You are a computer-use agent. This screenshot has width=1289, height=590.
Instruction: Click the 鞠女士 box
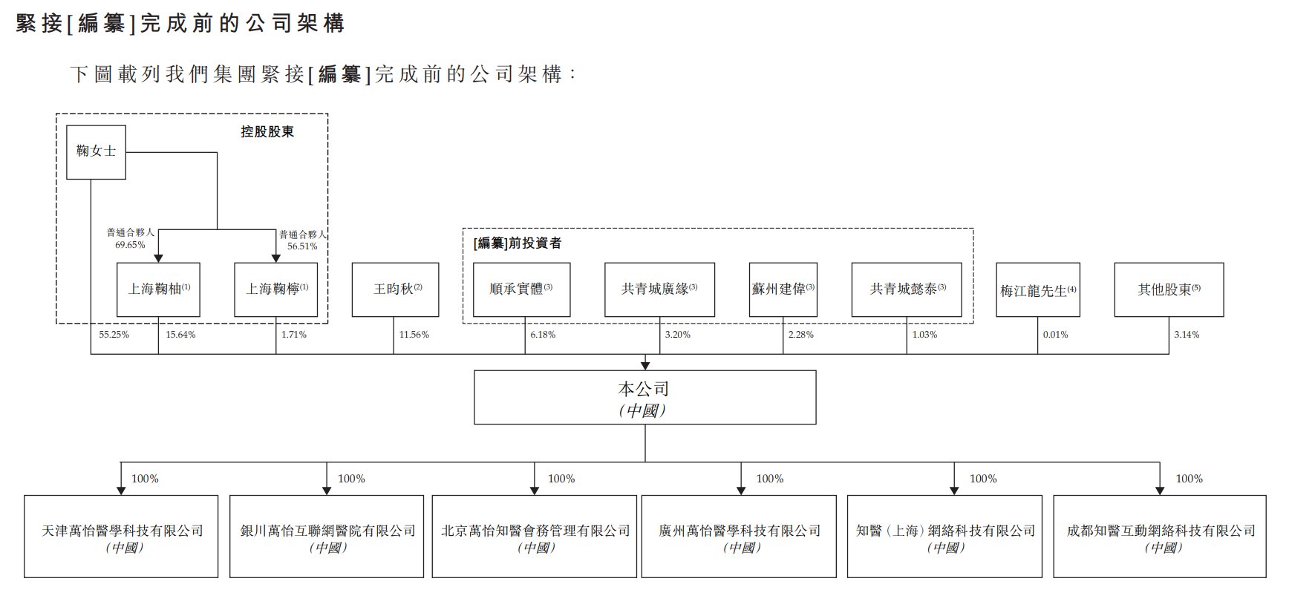click(x=96, y=152)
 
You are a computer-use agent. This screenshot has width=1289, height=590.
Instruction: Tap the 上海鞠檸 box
click(x=276, y=289)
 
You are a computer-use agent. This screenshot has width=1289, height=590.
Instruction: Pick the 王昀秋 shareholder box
click(x=395, y=289)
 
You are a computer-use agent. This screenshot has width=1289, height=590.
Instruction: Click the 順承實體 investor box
click(x=521, y=289)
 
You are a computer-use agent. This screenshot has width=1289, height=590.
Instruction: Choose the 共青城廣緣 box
click(x=659, y=289)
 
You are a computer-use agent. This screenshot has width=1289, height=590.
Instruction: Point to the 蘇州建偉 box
click(x=783, y=289)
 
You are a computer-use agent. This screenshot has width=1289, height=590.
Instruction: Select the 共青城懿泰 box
click(x=907, y=289)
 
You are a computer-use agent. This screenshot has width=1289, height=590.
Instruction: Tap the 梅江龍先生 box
click(x=1037, y=290)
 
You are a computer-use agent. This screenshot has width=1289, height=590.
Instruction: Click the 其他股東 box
click(x=1169, y=289)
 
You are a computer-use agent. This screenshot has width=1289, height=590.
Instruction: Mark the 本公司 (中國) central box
click(x=644, y=398)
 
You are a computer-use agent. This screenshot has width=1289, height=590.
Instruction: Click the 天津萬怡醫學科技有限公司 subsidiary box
click(x=121, y=537)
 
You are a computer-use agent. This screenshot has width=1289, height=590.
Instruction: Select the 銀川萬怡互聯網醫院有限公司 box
click(x=327, y=537)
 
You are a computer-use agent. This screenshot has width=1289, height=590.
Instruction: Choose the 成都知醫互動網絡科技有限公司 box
click(x=1160, y=537)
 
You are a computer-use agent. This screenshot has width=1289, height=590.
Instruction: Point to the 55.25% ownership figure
click(x=114, y=335)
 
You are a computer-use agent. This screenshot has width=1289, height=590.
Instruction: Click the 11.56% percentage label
click(x=414, y=335)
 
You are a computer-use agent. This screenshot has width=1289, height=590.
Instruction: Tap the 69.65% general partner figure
click(x=130, y=245)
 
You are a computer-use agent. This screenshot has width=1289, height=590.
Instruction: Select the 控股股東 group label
click(x=267, y=131)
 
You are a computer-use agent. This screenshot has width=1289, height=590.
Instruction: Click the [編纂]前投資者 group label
click(x=518, y=243)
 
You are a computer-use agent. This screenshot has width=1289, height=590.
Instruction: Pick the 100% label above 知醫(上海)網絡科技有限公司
click(x=983, y=479)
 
